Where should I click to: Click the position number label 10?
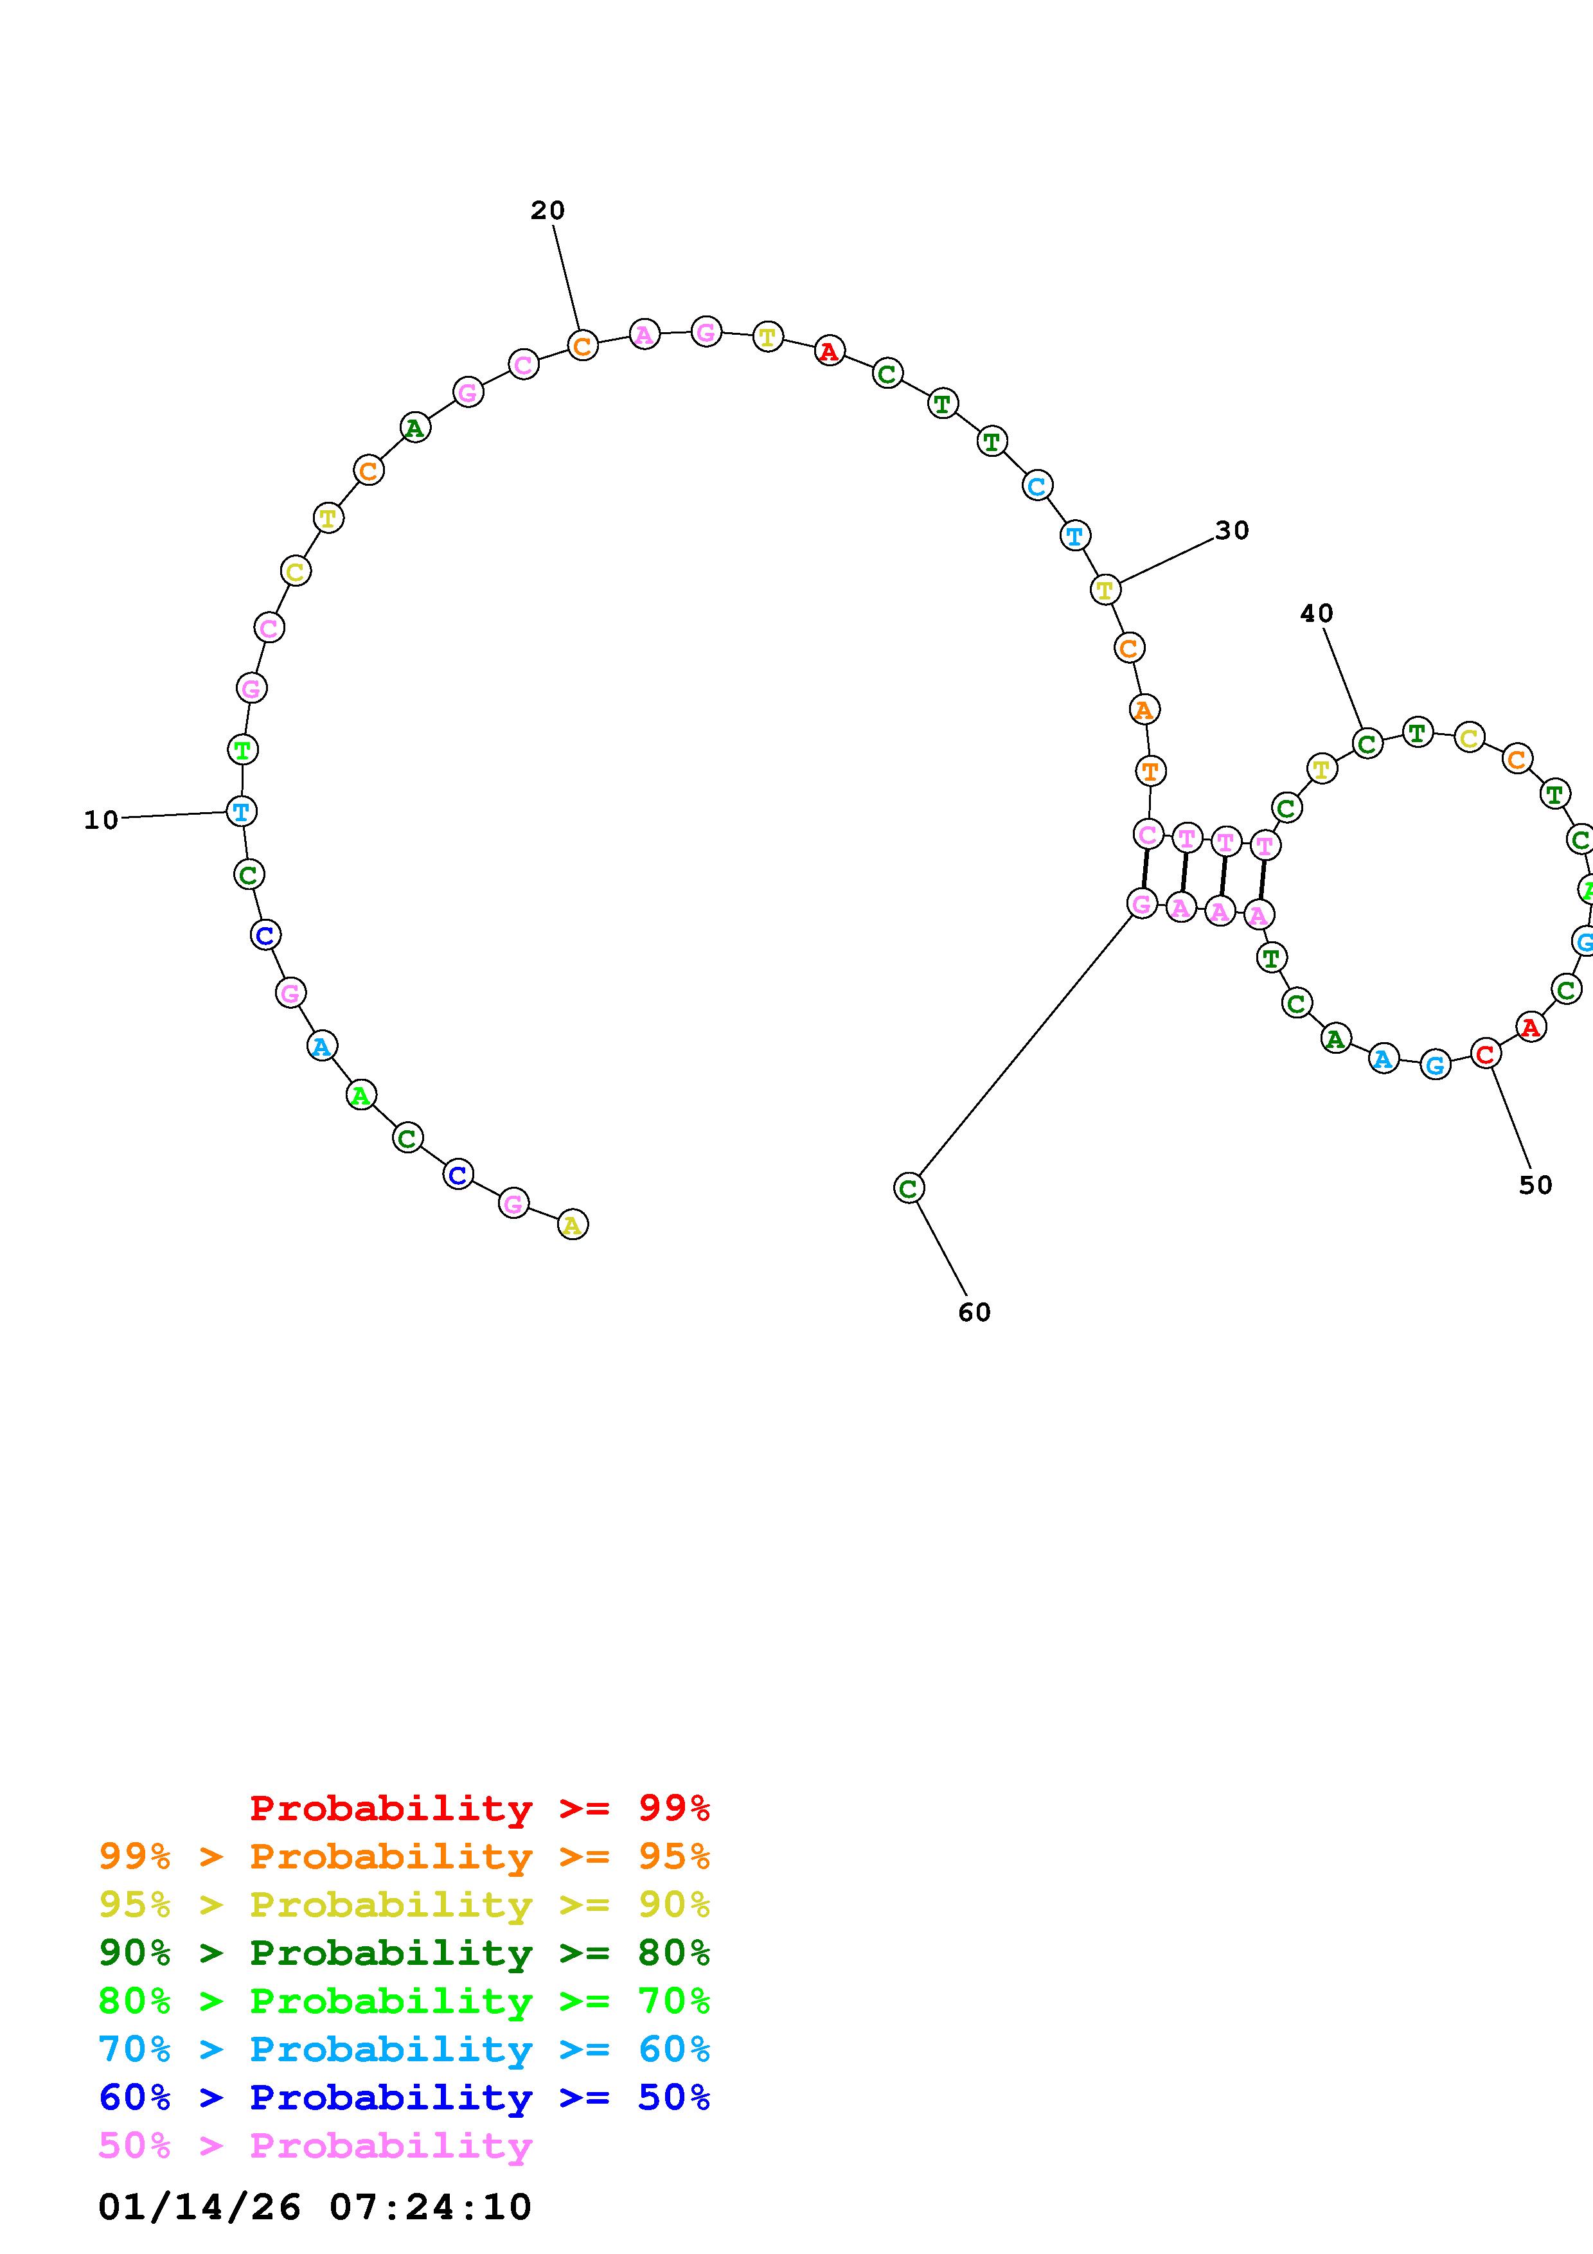point(101,820)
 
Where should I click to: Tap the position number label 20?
point(547,210)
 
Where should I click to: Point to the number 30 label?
point(1232,530)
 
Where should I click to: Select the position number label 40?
point(1316,614)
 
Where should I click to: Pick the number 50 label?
point(1535,1185)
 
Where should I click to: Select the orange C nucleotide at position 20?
point(582,346)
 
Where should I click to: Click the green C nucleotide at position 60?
point(909,1189)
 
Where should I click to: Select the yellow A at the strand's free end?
point(572,1225)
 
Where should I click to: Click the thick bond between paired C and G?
point(1144,869)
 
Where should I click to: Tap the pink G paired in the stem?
point(1141,904)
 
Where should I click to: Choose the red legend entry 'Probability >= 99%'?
point(479,1808)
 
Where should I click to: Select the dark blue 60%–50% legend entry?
point(404,2097)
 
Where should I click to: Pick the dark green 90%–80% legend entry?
point(404,1953)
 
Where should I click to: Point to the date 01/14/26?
point(199,2207)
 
